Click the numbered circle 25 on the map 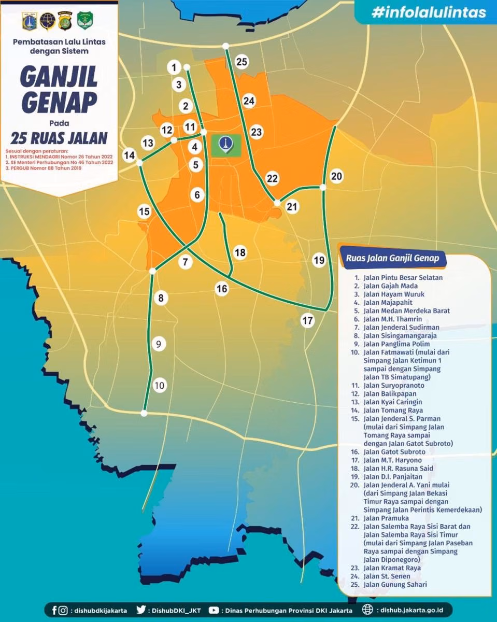tap(242, 62)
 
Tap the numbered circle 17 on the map tap(308, 320)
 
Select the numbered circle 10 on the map tap(160, 385)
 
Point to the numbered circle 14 tap(129, 154)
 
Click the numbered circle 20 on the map tap(336, 176)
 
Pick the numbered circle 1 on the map tap(174, 67)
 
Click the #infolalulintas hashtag tap(428, 12)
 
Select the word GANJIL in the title tap(59, 77)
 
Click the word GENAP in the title tap(59, 103)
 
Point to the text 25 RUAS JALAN tap(59, 138)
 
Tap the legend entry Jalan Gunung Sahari tap(392, 585)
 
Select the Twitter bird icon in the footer tap(141, 610)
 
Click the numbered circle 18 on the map tap(240, 252)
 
